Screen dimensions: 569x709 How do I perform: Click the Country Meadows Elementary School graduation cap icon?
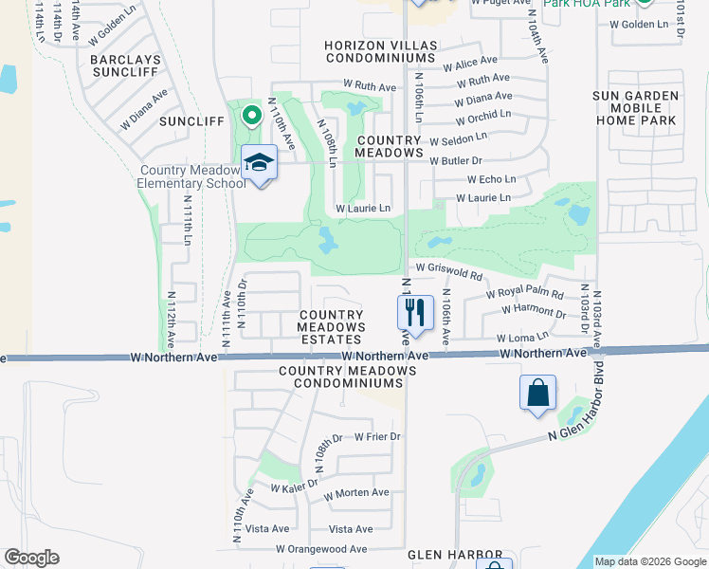point(259,163)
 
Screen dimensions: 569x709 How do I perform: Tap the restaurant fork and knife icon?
point(414,311)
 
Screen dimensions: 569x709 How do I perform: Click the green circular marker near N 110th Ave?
point(251,117)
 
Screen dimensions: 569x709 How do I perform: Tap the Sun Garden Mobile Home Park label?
point(635,108)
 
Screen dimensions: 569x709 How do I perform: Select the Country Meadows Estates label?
point(331,327)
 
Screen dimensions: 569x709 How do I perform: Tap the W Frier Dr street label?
point(377,437)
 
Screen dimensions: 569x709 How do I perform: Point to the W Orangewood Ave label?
point(321,549)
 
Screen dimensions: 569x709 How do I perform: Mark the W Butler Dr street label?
point(456,161)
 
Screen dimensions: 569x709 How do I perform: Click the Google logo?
point(31,558)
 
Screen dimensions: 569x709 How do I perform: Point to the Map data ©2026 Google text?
point(649,561)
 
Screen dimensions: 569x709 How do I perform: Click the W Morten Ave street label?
point(355,493)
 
